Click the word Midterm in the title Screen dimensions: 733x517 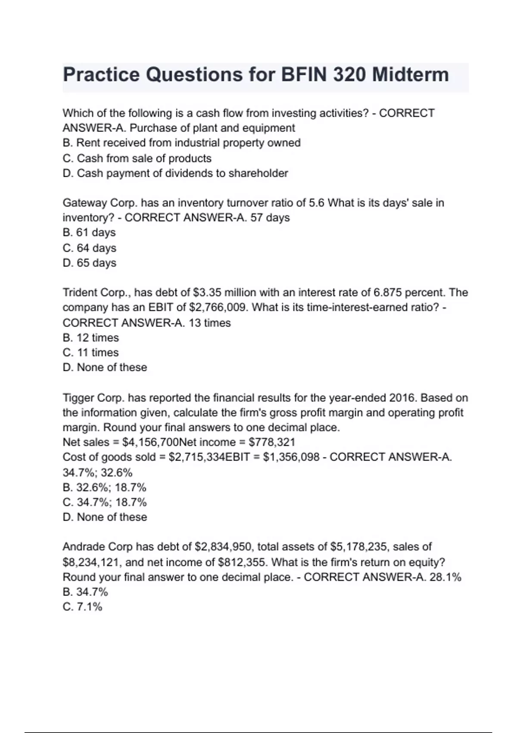(410, 75)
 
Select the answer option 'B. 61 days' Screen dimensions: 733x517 (89, 232)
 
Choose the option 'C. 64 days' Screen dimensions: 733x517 (89, 248)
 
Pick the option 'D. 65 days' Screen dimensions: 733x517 (89, 263)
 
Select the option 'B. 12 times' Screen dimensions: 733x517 (90, 338)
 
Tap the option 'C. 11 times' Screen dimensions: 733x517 (90, 352)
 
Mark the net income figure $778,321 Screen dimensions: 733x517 (272, 442)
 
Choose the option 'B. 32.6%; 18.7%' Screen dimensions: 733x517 (104, 487)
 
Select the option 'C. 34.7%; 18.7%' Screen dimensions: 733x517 (104, 502)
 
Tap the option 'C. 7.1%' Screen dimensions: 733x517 (82, 607)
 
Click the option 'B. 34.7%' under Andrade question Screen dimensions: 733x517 (85, 592)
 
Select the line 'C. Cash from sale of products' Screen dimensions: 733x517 (137, 158)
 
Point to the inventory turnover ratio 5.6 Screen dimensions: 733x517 (316, 203)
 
